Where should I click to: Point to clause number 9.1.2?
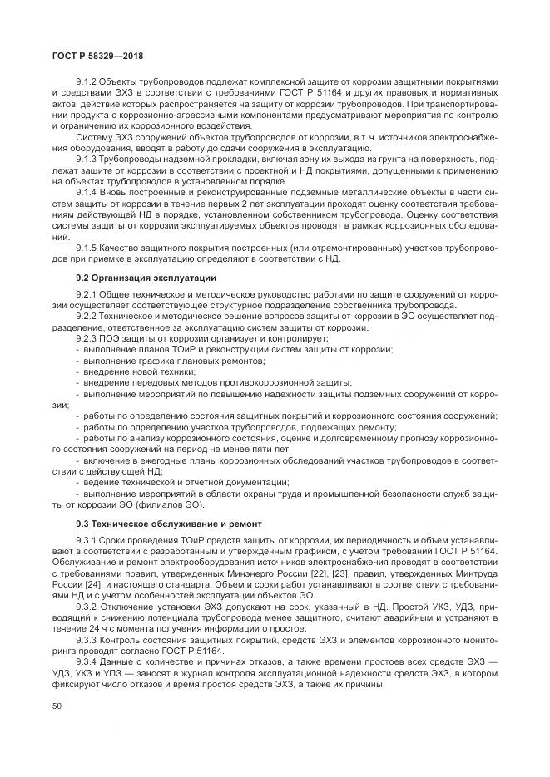tap(87, 81)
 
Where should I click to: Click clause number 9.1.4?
tap(87, 190)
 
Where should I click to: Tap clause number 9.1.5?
tap(87, 248)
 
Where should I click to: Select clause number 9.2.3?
tap(87, 338)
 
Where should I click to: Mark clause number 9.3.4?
tap(87, 661)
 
